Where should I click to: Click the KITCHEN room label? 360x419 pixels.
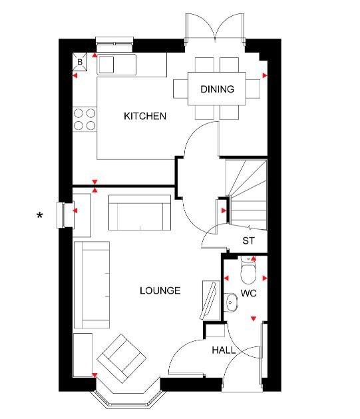coord(145,116)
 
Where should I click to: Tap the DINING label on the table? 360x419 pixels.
coord(217,89)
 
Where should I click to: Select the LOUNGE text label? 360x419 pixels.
coord(160,290)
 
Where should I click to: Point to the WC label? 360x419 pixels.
coord(248,293)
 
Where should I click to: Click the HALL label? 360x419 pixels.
coord(224,350)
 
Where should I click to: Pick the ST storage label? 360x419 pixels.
coord(248,240)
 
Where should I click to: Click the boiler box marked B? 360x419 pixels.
coord(80,62)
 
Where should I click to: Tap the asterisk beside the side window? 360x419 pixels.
coord(39,215)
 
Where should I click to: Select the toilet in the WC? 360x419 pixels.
coord(248,270)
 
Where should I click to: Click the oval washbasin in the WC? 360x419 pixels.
coord(231,302)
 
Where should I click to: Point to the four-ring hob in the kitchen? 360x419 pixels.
coord(85,119)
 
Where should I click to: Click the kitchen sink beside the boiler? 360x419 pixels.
coord(116,65)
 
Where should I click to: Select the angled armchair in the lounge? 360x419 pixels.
coord(121,358)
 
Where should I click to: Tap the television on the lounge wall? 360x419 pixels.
coord(209,300)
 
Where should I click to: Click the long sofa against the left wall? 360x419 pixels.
coord(92,285)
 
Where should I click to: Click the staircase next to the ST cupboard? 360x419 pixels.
coord(246,195)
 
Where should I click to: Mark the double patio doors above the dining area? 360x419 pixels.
coord(215,27)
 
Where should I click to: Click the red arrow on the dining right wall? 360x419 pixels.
coord(265,76)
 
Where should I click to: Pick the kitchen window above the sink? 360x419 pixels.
coord(114,44)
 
